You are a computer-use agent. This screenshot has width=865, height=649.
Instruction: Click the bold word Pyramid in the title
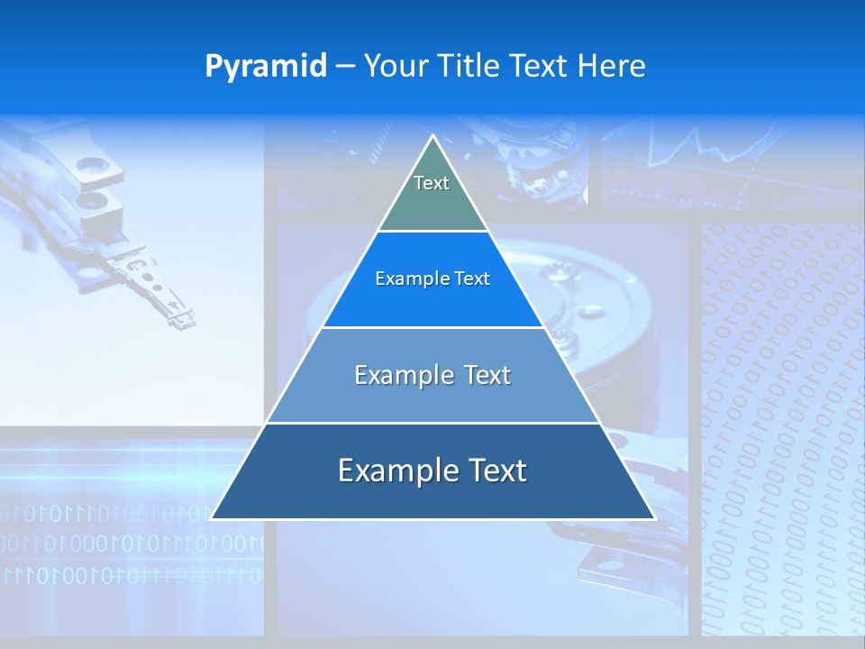click(x=266, y=67)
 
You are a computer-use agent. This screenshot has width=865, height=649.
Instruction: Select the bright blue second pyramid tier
click(x=432, y=302)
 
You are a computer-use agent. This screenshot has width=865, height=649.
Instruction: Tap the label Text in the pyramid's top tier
click(x=432, y=183)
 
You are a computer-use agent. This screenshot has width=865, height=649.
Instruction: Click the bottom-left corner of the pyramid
click(x=212, y=518)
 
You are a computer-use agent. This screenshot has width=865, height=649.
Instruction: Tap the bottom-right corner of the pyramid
click(x=654, y=518)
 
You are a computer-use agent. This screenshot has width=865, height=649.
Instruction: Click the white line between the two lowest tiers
click(x=432, y=423)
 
